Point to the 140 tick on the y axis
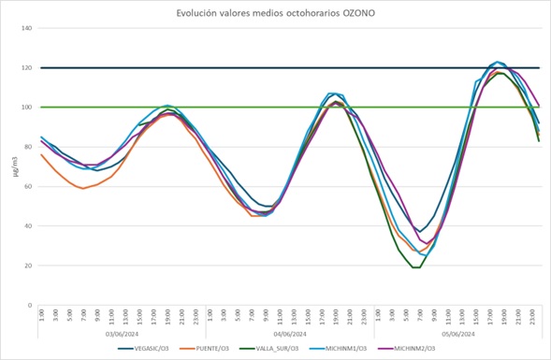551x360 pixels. [26, 28]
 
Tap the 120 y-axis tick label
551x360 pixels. [26, 68]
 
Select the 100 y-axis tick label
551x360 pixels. [26, 108]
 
